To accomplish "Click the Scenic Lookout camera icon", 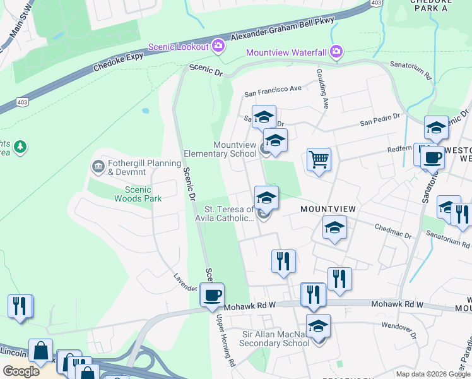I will tap(218, 46).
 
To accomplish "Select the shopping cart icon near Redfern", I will tap(319, 160).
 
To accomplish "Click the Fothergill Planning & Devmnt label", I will tap(136, 167).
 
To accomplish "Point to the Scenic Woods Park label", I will tap(138, 194).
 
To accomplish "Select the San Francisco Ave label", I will tap(273, 89).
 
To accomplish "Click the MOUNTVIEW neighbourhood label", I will tap(328, 209).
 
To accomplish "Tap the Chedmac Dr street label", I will tap(392, 232).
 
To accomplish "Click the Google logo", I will tap(21, 371).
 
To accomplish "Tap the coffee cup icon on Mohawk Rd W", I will tap(212, 295).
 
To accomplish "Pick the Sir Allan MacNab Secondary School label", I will tap(276, 339).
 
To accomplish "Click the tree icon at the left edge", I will tap(20, 147).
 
